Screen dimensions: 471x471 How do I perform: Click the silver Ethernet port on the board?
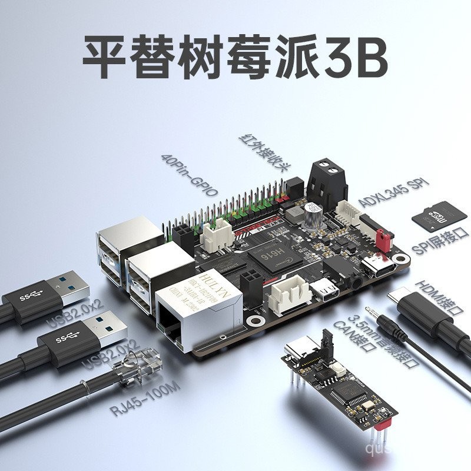197,312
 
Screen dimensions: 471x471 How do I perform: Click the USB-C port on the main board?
377,266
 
